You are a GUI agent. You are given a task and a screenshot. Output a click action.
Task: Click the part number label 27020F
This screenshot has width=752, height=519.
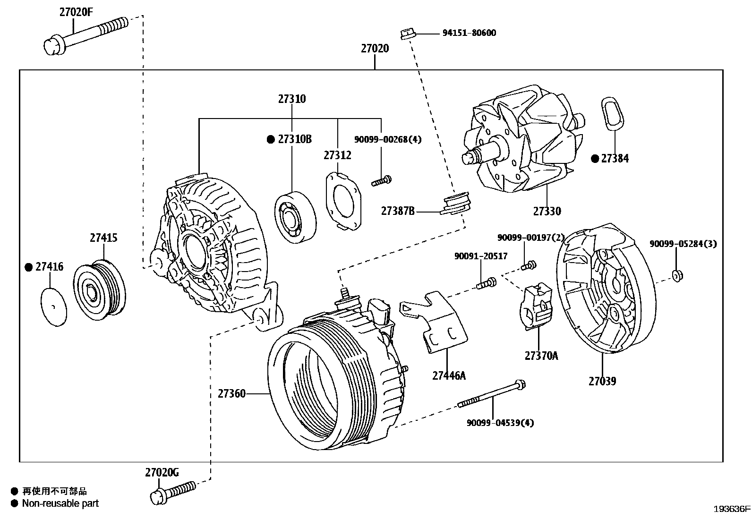76,12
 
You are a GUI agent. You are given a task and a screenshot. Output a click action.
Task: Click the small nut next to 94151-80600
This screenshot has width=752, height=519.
407,34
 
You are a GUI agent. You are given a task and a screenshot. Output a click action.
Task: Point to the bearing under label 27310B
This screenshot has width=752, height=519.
295,218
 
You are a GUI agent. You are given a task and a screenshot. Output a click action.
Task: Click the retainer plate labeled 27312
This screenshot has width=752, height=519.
343,201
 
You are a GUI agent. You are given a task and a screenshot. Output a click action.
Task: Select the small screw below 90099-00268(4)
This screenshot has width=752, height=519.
381,181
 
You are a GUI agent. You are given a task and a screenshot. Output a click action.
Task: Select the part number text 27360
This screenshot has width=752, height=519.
231,393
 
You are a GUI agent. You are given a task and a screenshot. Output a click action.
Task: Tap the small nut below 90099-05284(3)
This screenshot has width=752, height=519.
677,275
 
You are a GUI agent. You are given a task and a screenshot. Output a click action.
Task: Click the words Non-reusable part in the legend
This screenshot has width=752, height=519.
60,503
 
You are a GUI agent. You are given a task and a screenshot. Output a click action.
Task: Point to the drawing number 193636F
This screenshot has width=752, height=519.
732,509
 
